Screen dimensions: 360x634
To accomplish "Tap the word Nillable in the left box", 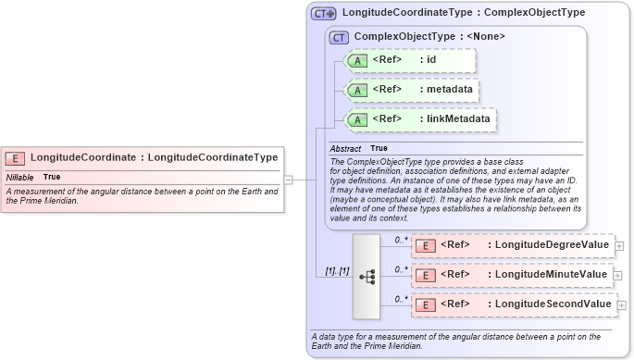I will point(19,177).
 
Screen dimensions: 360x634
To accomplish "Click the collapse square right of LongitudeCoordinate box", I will point(289,179).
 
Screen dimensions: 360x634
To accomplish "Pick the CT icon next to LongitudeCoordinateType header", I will point(323,14).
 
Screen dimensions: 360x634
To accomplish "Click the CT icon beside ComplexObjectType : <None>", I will point(339,37).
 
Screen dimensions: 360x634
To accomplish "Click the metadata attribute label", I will point(446,90).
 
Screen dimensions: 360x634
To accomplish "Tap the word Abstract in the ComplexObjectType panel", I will point(345,148).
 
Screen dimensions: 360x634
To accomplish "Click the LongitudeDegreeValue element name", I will point(552,244).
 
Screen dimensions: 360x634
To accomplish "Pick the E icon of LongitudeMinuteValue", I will point(425,275).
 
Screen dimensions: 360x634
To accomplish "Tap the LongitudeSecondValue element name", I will point(553,304).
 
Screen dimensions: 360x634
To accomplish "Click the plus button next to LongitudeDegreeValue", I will point(619,245).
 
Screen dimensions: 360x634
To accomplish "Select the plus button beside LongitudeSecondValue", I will point(621,304).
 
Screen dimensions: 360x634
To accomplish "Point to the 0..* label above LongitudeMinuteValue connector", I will point(401,268).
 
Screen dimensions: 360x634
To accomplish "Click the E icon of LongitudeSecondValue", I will point(425,304).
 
